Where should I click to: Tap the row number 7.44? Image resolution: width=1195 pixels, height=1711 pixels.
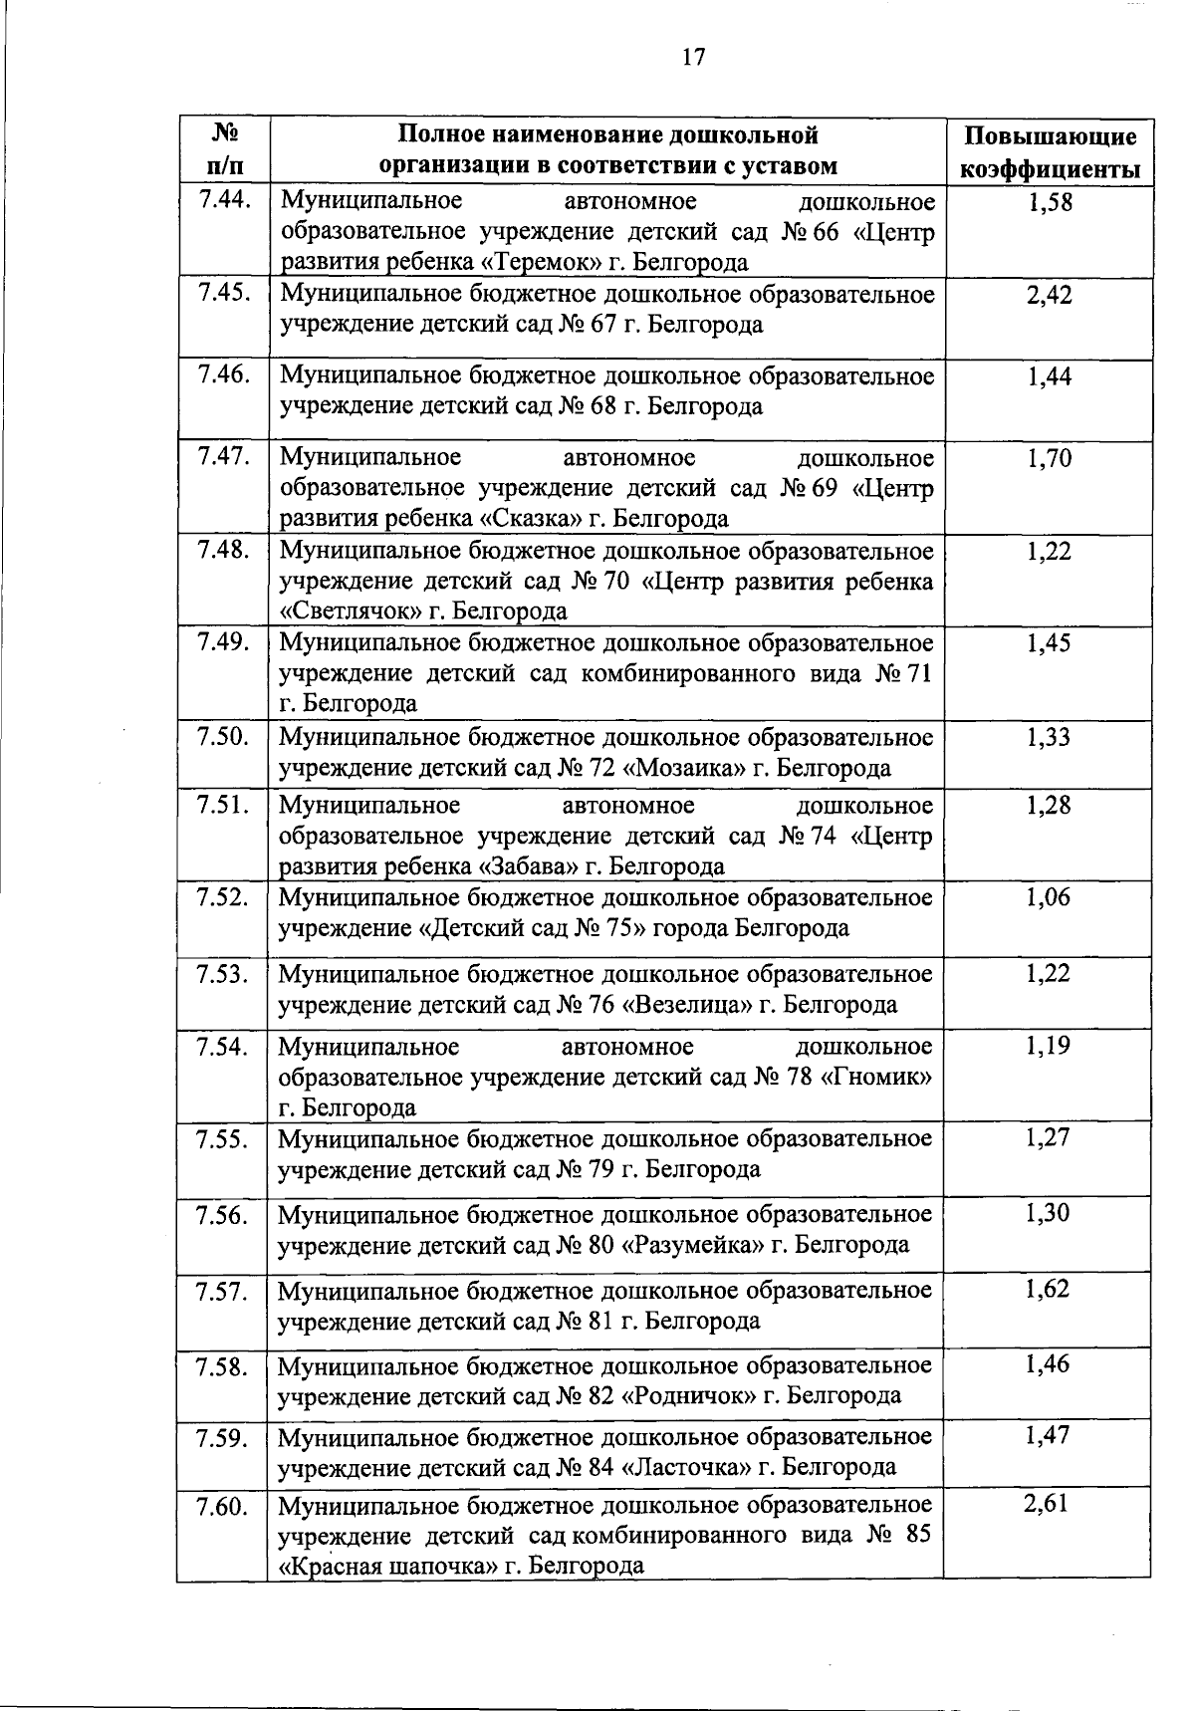tap(222, 202)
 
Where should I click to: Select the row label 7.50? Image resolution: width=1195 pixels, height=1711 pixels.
tap(222, 737)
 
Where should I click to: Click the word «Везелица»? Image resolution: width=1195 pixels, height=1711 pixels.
tap(687, 1004)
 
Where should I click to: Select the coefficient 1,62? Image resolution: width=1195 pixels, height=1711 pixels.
tap(1048, 1290)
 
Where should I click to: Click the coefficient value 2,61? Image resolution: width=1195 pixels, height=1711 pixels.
tap(1047, 1504)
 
